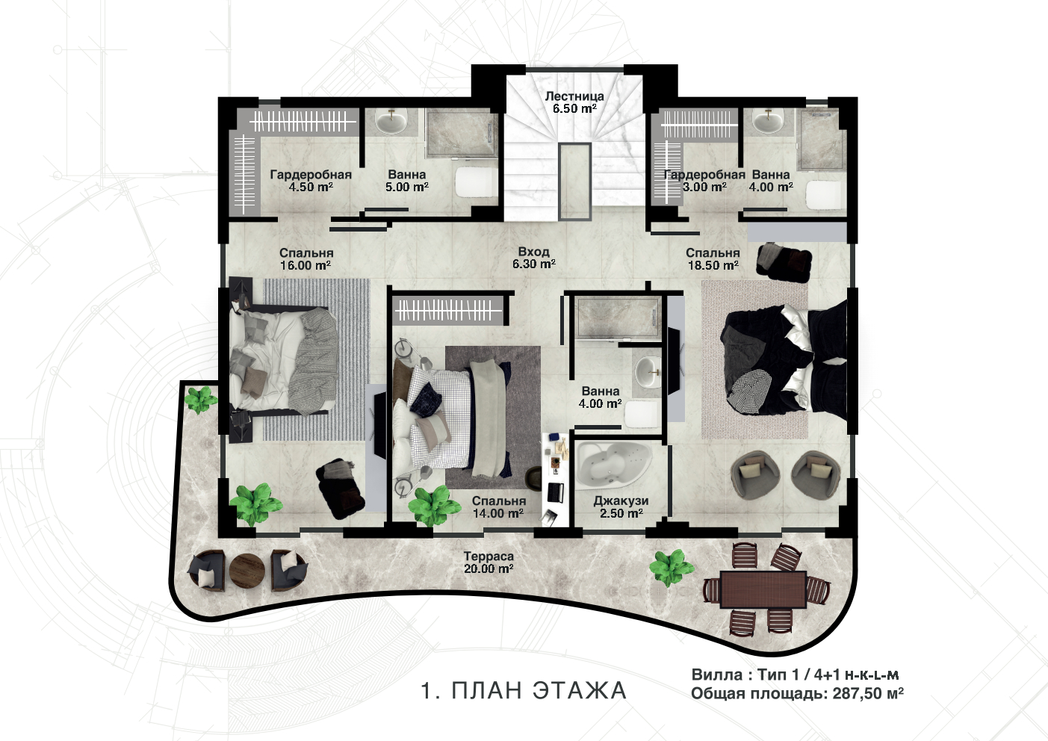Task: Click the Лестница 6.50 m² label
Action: (574, 102)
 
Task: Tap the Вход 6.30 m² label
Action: (534, 258)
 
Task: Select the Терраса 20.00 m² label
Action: (489, 562)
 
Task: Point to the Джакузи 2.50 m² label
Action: (621, 507)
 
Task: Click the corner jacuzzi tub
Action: (613, 463)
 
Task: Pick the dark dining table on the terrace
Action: (763, 589)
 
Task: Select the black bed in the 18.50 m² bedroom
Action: (785, 357)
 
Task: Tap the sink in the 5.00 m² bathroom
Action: (391, 122)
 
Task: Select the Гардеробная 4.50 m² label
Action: (311, 181)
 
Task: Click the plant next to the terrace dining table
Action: (672, 568)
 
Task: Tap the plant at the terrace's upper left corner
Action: (201, 400)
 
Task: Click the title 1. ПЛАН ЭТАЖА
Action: (524, 691)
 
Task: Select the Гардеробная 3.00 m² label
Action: (704, 181)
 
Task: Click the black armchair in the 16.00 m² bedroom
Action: (340, 488)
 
